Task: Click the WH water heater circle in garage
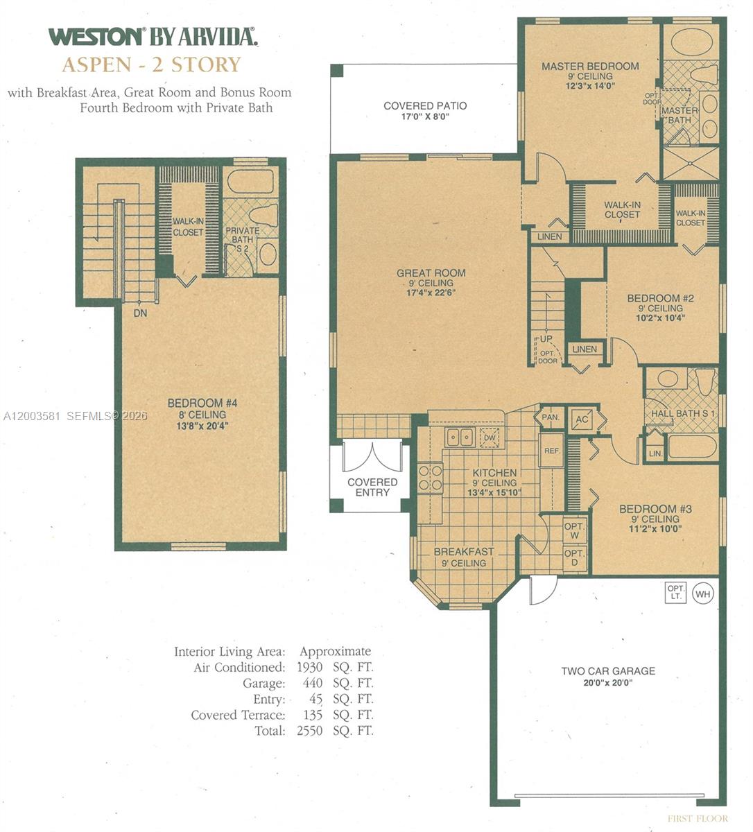(703, 593)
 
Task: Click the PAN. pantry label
(551, 417)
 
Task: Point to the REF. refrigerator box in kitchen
(551, 451)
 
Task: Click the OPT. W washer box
(575, 530)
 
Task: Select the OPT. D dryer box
(575, 558)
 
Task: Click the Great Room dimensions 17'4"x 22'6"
(431, 293)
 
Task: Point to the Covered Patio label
(425, 106)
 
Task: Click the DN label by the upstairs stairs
(141, 313)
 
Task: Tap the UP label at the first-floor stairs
(546, 339)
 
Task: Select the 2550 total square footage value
(309, 731)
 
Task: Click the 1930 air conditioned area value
(309, 668)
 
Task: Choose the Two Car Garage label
(607, 671)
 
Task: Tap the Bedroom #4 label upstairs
(197, 403)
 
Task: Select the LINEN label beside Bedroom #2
(585, 349)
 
